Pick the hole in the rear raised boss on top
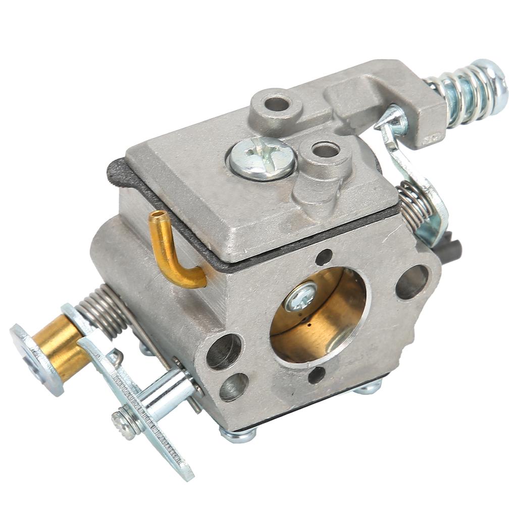pyautogui.click(x=276, y=104)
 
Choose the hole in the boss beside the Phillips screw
pyautogui.click(x=325, y=150)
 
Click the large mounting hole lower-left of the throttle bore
pyautogui.click(x=224, y=351)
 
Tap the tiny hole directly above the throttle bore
pyautogui.click(x=323, y=257)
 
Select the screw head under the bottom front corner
pyautogui.click(x=237, y=434)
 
